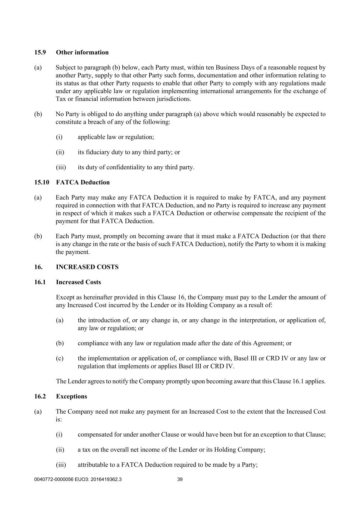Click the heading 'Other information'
(82, 53)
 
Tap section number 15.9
(40, 53)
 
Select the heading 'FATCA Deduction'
(83, 182)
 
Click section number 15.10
(42, 182)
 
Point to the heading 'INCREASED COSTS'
(87, 267)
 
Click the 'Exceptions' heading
(71, 396)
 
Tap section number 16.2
(40, 396)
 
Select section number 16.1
(40, 282)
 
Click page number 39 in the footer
(180, 480)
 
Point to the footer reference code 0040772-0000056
(54, 480)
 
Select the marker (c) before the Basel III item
(60, 358)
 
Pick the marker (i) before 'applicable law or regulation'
(59, 137)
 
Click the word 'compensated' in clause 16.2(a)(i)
(95, 435)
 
